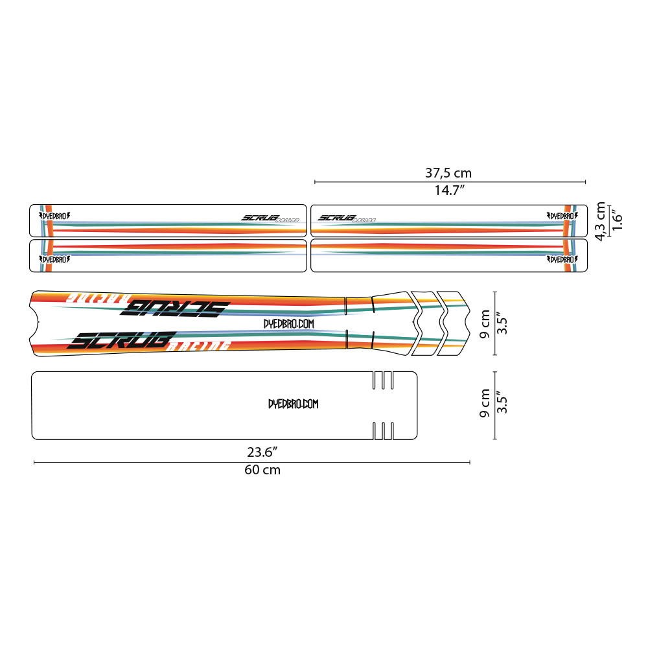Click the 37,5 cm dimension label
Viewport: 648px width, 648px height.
[448, 173]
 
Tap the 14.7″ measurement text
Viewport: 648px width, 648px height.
[448, 191]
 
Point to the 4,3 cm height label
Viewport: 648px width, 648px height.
[601, 221]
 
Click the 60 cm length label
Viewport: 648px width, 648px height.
[262, 470]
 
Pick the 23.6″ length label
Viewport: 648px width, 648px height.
[262, 451]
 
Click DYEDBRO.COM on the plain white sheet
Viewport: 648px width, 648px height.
[294, 404]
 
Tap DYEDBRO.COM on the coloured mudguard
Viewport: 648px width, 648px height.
[289, 323]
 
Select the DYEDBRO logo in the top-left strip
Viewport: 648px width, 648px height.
[54, 216]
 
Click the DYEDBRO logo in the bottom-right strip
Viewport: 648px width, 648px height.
[562, 259]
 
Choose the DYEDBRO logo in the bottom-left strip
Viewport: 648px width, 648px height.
[54, 259]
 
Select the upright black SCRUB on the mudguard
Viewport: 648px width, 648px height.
[123, 340]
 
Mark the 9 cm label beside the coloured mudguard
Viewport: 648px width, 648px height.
[485, 323]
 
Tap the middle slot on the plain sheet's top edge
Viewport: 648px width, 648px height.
[383, 380]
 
